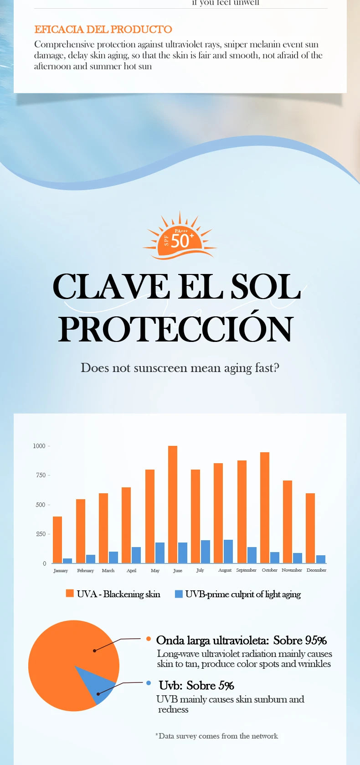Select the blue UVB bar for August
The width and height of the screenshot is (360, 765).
tap(228, 552)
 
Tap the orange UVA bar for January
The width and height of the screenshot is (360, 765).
tap(57, 540)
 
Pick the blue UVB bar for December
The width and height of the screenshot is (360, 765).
tap(321, 559)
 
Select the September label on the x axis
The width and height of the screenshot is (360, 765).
tap(246, 570)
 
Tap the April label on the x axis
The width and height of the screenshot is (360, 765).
tap(131, 570)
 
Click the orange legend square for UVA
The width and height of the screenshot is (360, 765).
tap(70, 593)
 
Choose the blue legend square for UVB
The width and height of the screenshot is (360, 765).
tap(179, 594)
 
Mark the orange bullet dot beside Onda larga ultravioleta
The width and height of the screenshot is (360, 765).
tap(149, 639)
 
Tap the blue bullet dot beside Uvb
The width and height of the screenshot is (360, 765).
tap(149, 683)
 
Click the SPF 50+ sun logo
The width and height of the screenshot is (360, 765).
tap(180, 238)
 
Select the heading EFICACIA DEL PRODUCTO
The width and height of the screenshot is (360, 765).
tap(103, 30)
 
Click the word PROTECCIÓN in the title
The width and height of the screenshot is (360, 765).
tap(175, 329)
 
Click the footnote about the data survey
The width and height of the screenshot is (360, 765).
tap(216, 736)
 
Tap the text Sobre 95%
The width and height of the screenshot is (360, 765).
tap(300, 641)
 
